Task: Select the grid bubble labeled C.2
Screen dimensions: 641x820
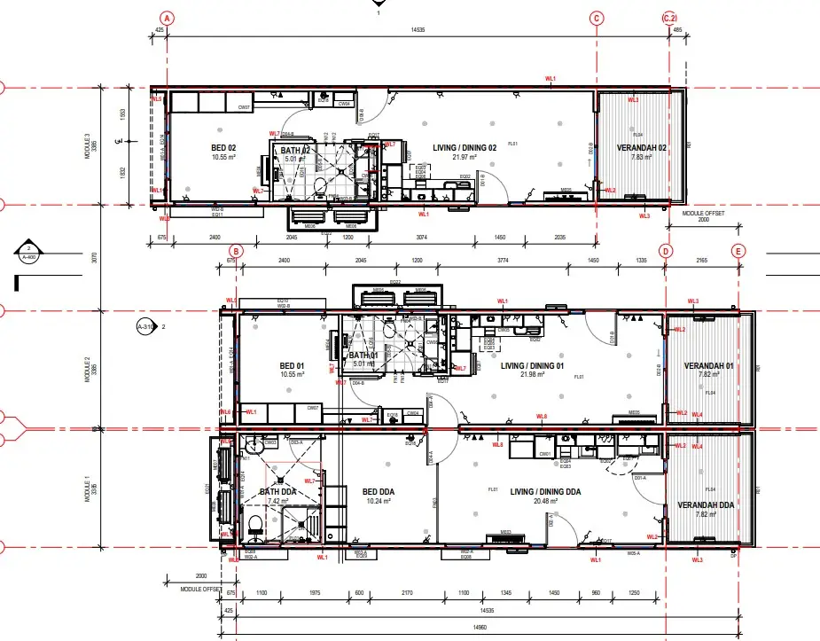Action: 670,18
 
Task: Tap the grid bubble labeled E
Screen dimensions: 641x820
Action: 738,252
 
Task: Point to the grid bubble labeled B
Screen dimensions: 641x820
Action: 235,252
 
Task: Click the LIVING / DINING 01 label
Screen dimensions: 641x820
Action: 533,365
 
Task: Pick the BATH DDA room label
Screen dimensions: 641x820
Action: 277,492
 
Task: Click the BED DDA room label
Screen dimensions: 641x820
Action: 380,490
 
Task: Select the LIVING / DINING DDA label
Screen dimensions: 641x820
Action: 547,491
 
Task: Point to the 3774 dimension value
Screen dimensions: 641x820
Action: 504,261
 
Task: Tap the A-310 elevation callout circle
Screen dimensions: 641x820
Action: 146,327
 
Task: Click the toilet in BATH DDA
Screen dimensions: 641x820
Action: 255,526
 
